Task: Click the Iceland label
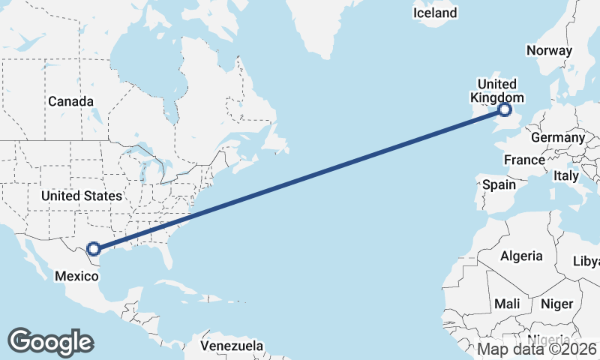pos(435,13)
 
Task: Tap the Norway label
pos(549,51)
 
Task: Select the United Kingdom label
pos(496,91)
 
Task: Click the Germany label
pos(557,138)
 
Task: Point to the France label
pos(524,160)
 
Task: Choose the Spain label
pos(499,184)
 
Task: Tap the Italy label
pos(566,175)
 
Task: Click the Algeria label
pos(521,256)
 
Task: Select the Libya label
pos(587,261)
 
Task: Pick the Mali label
pos(507,304)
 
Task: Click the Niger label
pos(556,304)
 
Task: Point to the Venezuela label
pos(232,346)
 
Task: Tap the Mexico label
pos(76,276)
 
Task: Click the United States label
pos(81,196)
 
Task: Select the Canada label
pos(70,101)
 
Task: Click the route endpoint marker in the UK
pos(505,110)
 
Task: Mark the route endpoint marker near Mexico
pos(94,249)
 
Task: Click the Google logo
pos(50,342)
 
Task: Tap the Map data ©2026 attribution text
pos(538,349)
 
